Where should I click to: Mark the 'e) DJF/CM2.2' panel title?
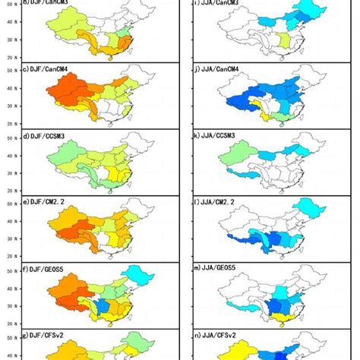coord(45,204)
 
